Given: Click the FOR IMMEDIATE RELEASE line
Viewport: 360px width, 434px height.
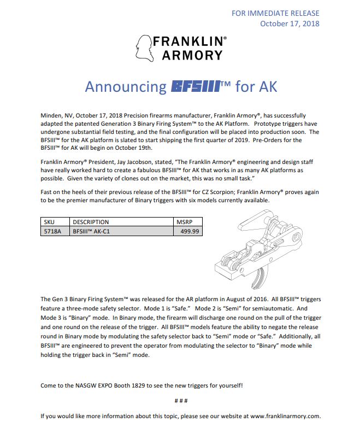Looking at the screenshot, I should click(x=275, y=13).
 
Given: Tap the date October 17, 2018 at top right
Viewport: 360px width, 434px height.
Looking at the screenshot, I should click(x=290, y=24).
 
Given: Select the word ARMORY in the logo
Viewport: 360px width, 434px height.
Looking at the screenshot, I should click(x=192, y=55).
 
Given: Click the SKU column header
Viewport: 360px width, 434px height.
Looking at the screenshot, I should click(x=50, y=222).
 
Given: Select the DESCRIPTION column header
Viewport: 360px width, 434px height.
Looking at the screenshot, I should click(x=91, y=222).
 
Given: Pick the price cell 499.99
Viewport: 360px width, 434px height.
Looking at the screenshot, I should click(x=191, y=232).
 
